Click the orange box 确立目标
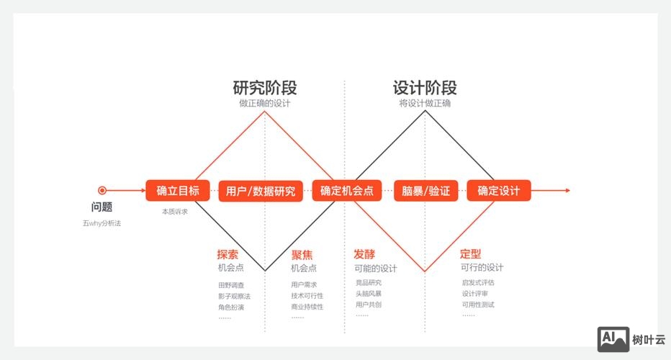coord(177,191)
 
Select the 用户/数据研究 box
coord(261,191)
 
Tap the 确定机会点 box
coord(347,191)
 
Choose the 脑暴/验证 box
coord(425,191)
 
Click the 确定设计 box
coord(499,191)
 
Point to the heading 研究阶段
coord(265,88)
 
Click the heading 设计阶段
coord(425,88)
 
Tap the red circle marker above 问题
coord(102,191)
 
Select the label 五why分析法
coord(102,224)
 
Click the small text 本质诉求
coord(175,212)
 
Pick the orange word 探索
coord(228,254)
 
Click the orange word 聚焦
coord(302,254)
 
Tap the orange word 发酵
coord(364,254)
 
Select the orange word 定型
coord(470,254)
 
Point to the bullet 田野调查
coord(231,284)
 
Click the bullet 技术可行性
coord(307,296)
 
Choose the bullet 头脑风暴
coord(369,294)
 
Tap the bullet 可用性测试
coord(478,305)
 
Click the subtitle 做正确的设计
coord(265,104)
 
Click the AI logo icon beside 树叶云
coord(613,339)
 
